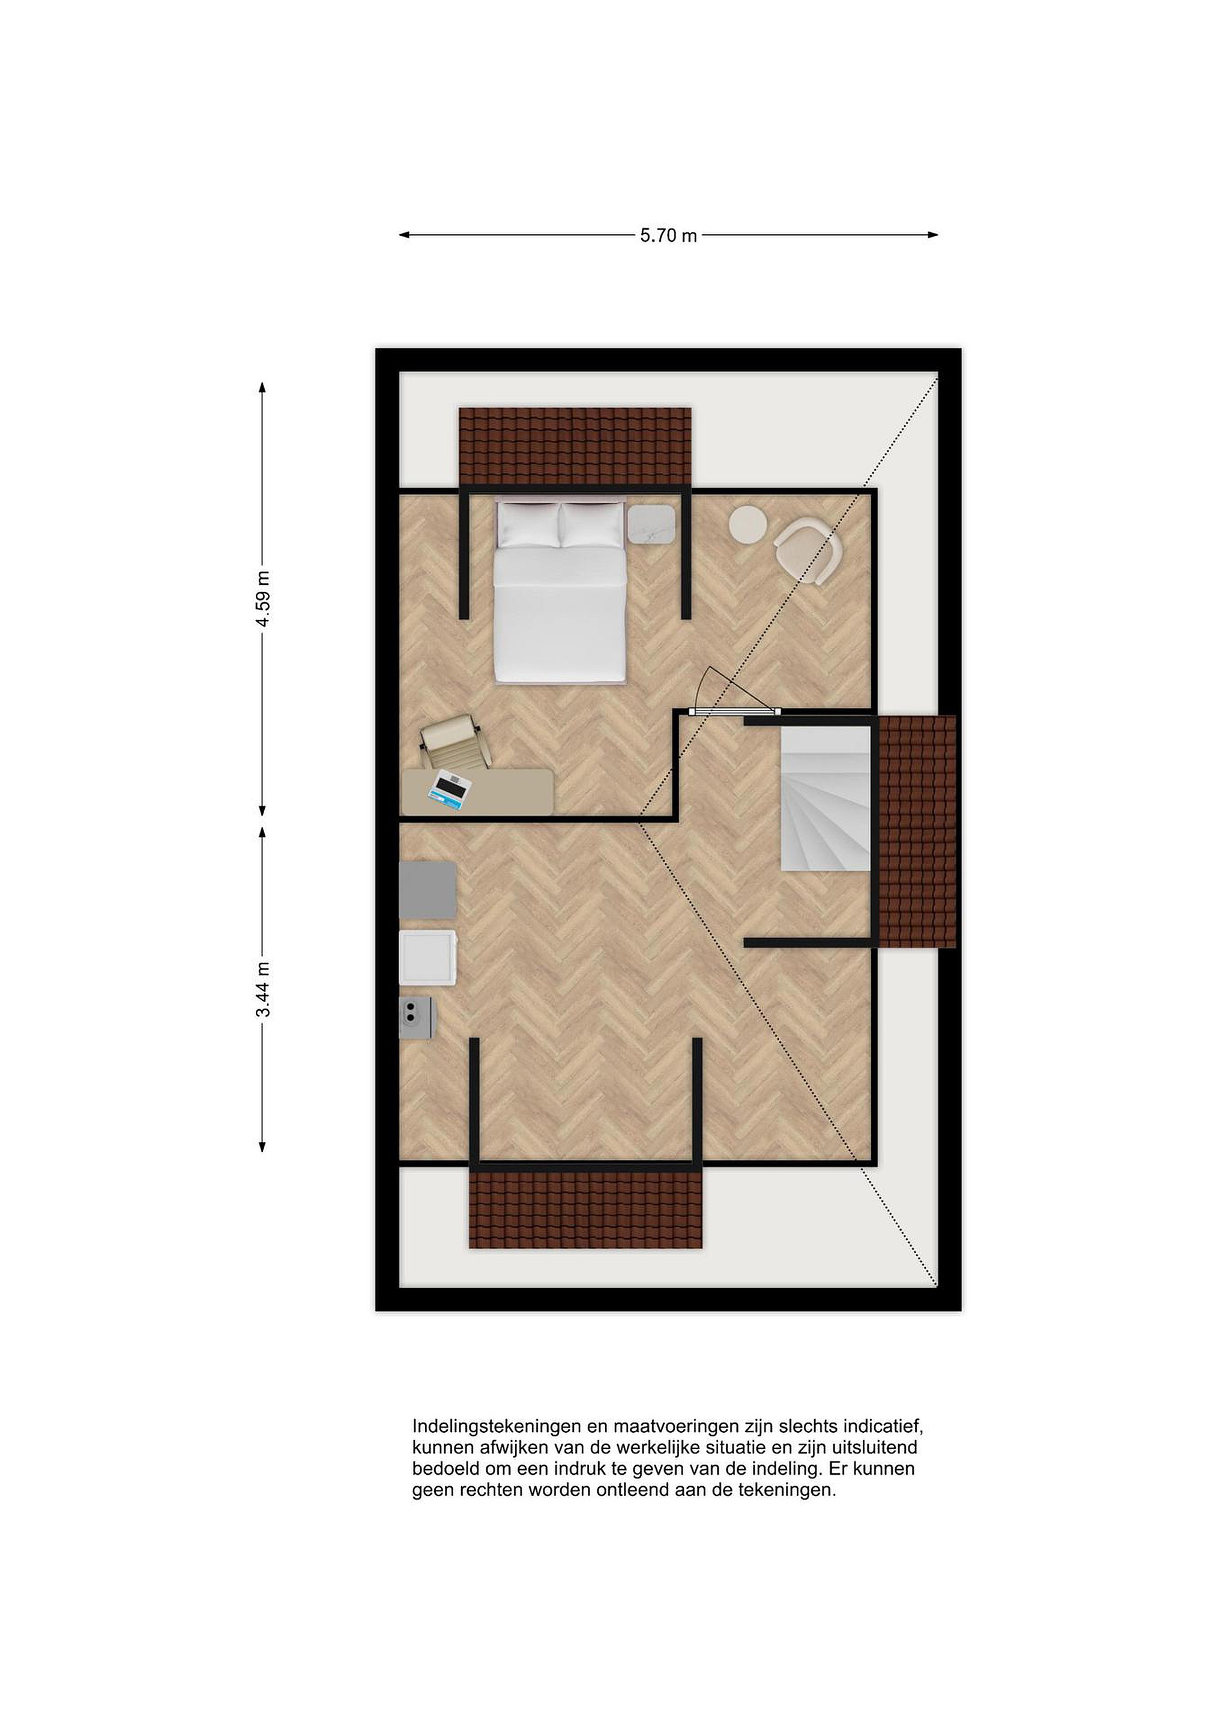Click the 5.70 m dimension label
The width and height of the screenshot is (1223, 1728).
(x=669, y=236)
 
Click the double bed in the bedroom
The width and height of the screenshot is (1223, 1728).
(x=560, y=592)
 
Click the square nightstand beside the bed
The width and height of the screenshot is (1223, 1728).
(x=651, y=524)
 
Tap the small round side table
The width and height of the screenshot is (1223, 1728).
(x=747, y=523)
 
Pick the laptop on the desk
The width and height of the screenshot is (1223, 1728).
(x=450, y=793)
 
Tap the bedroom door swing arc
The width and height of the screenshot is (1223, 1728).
(x=704, y=687)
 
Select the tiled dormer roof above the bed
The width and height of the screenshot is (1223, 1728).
(x=575, y=447)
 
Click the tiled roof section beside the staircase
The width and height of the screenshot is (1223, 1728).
(x=918, y=832)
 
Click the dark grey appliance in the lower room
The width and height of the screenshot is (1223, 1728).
(x=427, y=890)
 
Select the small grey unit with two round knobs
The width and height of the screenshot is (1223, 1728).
(x=417, y=1018)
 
